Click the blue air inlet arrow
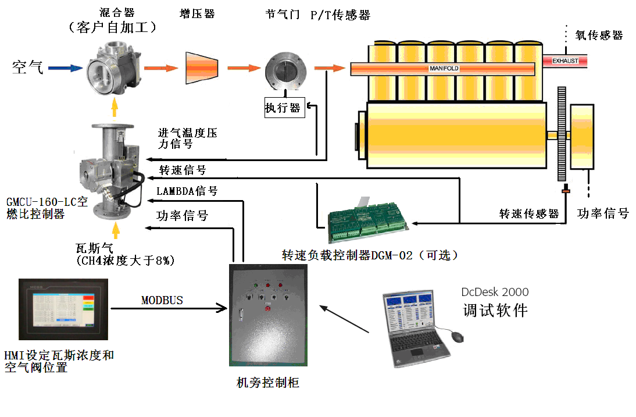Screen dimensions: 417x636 click(x=65, y=68)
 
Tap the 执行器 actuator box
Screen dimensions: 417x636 click(x=284, y=108)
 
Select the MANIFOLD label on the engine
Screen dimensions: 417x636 click(x=444, y=69)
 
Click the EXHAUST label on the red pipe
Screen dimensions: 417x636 click(x=565, y=60)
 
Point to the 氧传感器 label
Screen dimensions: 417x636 click(x=599, y=35)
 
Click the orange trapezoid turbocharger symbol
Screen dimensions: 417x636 click(x=202, y=68)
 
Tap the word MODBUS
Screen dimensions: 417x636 click(x=162, y=300)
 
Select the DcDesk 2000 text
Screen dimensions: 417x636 click(x=495, y=292)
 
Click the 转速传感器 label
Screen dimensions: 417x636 click(x=529, y=214)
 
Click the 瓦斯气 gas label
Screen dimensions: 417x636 click(x=94, y=247)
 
